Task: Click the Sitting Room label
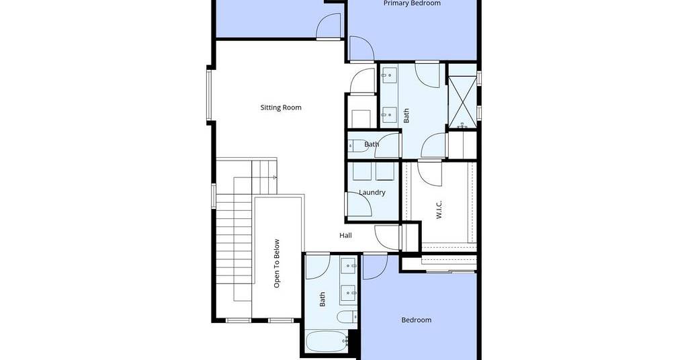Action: click(281, 107)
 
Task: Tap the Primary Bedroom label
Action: click(412, 3)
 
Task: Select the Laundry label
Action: click(372, 193)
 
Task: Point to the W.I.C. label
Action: click(439, 210)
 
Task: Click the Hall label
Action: click(346, 236)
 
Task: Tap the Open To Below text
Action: click(277, 263)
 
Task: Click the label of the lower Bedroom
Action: click(417, 320)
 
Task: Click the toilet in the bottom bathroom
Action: click(347, 316)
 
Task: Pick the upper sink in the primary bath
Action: click(389, 75)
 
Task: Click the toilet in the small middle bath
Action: click(358, 146)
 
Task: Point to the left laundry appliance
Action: click(362, 171)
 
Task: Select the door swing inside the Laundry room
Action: click(359, 204)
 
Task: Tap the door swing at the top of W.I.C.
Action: click(429, 173)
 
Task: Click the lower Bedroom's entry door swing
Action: click(375, 266)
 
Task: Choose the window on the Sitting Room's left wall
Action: click(210, 95)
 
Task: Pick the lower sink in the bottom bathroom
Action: click(349, 292)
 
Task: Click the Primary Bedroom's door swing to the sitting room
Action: click(361, 48)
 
